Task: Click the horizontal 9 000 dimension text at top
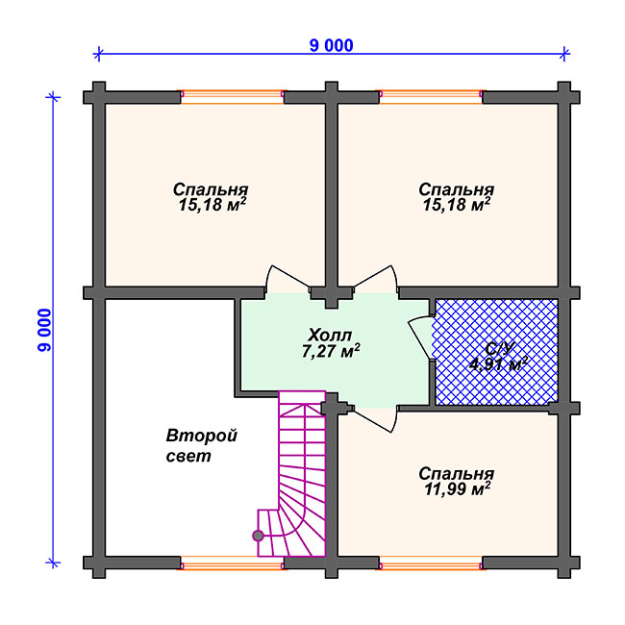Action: click(x=331, y=45)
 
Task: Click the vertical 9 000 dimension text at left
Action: click(x=44, y=330)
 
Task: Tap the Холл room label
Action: click(x=330, y=336)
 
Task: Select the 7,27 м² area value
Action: click(x=331, y=351)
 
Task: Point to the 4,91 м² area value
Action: click(x=498, y=363)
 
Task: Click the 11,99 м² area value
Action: click(x=457, y=488)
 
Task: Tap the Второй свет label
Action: click(x=201, y=445)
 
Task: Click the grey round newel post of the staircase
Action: click(x=258, y=536)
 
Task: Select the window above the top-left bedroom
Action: click(x=232, y=97)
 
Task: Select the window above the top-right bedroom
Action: click(x=431, y=97)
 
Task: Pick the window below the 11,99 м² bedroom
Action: click(x=431, y=562)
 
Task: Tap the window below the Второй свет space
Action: click(x=232, y=562)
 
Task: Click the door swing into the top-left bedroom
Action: click(x=287, y=279)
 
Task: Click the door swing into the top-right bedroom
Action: click(x=375, y=279)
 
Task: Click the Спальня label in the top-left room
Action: click(x=211, y=189)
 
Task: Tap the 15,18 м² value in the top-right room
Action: click(x=457, y=205)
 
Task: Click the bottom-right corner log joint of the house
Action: click(x=564, y=562)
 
